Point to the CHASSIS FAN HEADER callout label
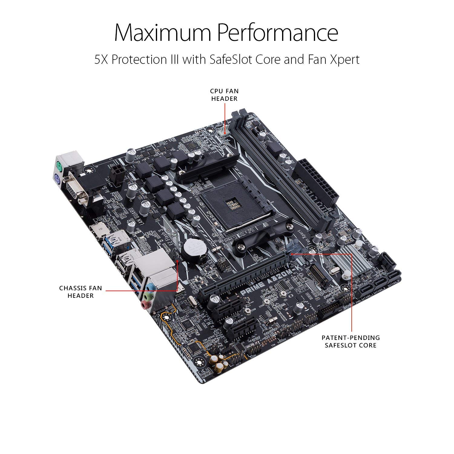pos(81,292)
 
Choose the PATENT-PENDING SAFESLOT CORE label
pos(350,341)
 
